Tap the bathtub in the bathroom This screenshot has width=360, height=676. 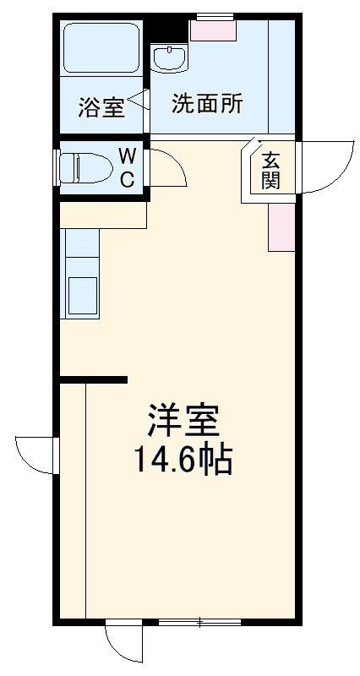(101, 49)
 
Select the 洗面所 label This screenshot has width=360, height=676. (207, 104)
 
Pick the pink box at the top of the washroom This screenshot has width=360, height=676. (212, 30)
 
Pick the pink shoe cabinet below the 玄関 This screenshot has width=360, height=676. (281, 226)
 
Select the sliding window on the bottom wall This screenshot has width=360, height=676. (199, 624)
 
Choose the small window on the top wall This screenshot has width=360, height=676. (214, 16)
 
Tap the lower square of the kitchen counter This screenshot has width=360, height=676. (82, 296)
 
